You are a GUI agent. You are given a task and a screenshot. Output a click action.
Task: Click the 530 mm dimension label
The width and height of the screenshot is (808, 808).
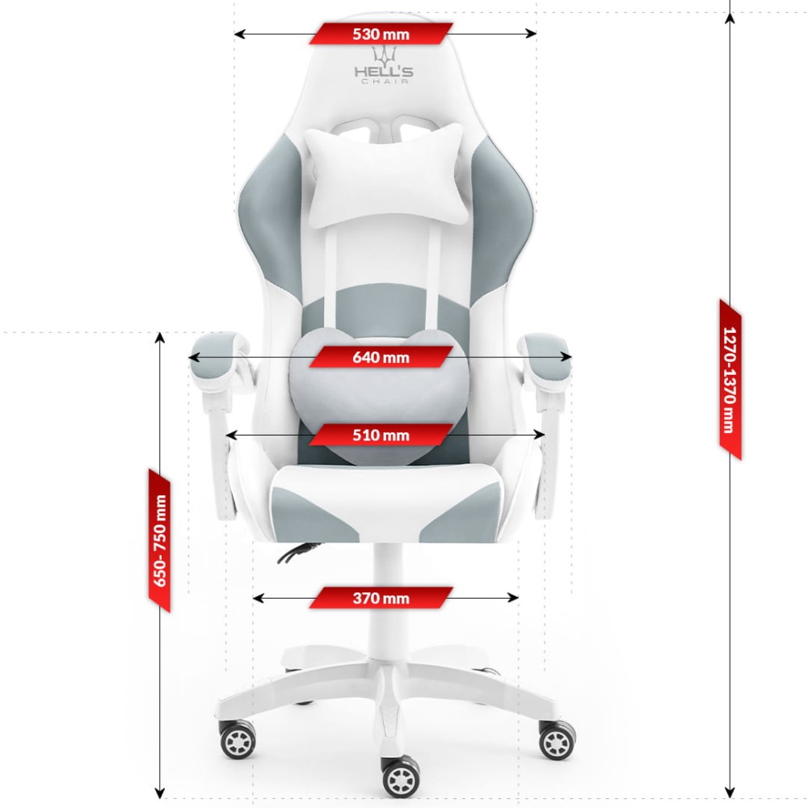click(381, 34)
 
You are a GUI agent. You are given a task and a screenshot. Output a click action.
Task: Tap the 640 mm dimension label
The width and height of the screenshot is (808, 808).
click(381, 357)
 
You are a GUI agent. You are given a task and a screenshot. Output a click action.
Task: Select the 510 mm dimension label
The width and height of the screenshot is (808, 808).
click(381, 436)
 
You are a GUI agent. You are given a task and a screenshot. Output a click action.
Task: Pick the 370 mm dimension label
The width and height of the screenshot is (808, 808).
click(381, 598)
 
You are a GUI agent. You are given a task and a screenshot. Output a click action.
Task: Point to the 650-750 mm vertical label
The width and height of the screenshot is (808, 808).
click(160, 541)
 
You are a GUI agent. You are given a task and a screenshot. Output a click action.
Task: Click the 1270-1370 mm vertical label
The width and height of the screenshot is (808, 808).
click(730, 380)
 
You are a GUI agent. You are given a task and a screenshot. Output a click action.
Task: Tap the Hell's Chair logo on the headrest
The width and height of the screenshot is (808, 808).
click(384, 65)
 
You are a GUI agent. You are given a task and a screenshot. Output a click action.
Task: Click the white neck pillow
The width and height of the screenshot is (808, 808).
click(386, 175)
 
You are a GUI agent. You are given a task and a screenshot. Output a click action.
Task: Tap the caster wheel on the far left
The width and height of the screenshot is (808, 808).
click(238, 739)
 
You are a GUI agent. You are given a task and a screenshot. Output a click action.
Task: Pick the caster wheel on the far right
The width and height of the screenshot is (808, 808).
click(557, 739)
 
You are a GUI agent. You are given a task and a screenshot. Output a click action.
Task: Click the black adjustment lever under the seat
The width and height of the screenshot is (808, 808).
click(298, 552)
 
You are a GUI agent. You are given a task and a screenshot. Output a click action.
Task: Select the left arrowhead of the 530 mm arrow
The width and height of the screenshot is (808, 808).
click(239, 34)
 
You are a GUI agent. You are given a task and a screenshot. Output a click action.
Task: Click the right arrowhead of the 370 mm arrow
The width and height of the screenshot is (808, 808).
click(513, 598)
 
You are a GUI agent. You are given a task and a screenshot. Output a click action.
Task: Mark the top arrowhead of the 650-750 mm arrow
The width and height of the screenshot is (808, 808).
click(160, 338)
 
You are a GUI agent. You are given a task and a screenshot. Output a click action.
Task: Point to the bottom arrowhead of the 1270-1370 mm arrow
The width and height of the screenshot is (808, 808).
click(730, 792)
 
